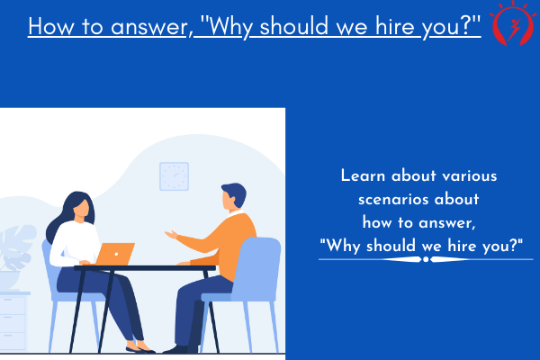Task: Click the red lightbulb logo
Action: (x=513, y=24)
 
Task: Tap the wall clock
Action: (x=174, y=176)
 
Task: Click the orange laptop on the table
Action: (x=115, y=254)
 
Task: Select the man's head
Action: (x=233, y=196)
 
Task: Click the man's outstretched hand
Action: (x=171, y=235)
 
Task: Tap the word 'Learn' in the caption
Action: (x=363, y=175)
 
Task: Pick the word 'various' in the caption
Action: (x=470, y=176)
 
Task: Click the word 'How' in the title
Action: (x=51, y=26)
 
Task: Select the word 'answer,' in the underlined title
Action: (x=152, y=27)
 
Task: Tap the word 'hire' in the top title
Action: (x=395, y=26)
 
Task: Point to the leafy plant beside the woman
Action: (x=17, y=247)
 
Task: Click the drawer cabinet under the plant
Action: (x=13, y=320)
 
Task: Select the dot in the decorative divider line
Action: (x=426, y=259)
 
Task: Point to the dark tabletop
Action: (x=145, y=267)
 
